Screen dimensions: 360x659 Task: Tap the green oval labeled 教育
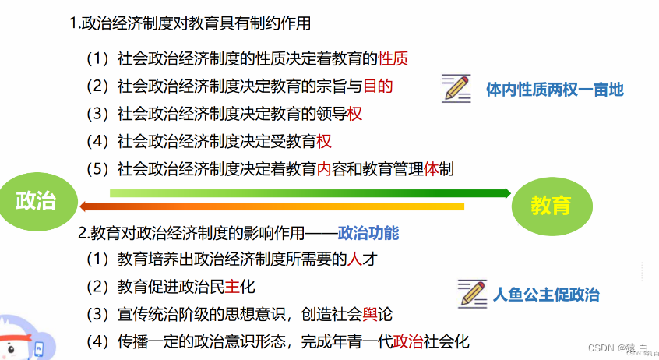[x=550, y=205]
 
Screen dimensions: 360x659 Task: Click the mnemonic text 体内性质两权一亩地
[x=554, y=90]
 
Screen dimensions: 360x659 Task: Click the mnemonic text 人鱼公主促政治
[x=545, y=295]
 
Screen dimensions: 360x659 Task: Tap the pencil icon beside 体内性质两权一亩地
[x=456, y=89]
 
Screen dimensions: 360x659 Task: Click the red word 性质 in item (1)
[x=393, y=58]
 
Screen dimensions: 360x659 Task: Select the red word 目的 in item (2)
[x=377, y=86]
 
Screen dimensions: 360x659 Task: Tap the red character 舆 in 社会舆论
[x=369, y=315]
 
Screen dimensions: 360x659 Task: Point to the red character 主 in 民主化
[x=231, y=287]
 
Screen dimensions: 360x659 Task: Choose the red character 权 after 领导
[x=355, y=114]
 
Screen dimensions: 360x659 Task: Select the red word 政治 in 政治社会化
[x=409, y=341]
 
